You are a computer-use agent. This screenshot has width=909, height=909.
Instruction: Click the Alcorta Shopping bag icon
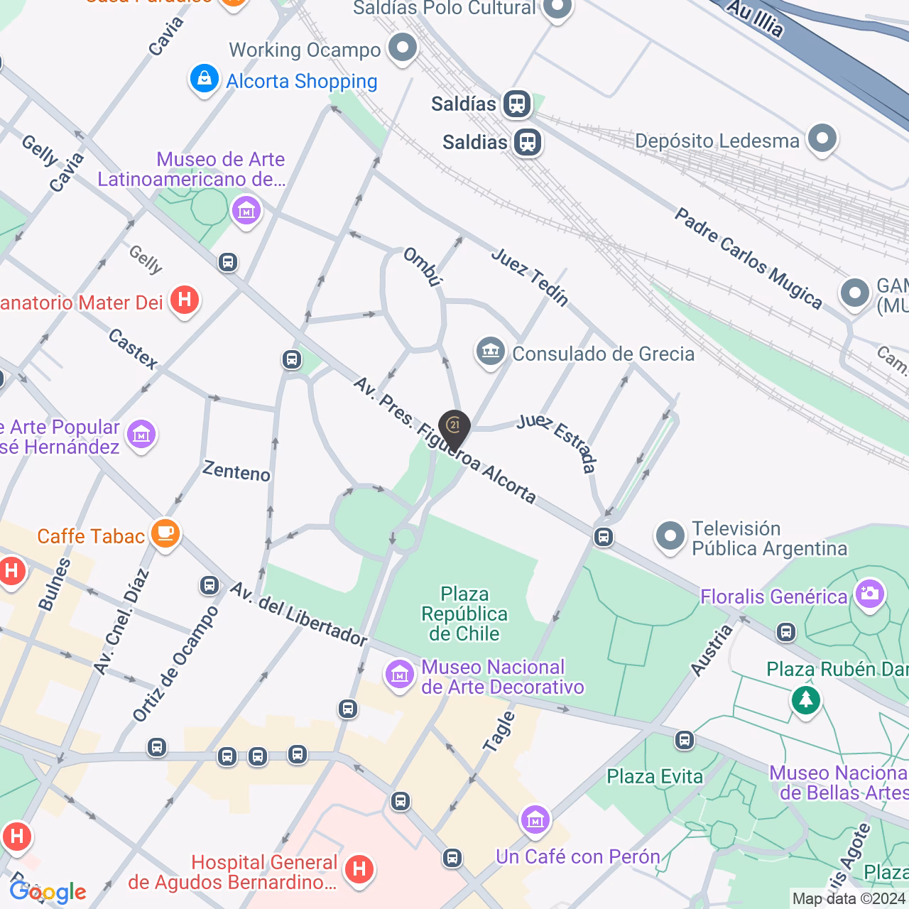(204, 79)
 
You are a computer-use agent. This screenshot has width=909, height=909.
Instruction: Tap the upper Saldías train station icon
(517, 104)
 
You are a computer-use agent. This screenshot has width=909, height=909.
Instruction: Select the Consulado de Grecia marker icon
(490, 352)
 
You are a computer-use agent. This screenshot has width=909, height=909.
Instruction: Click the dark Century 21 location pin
(454, 428)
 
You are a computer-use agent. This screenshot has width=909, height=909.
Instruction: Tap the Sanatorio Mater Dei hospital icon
(185, 300)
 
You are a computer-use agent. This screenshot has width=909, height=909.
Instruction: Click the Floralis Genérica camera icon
(870, 594)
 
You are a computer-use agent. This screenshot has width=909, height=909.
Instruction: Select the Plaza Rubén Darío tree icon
(805, 700)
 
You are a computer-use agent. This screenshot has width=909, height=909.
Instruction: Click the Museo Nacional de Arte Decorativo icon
(399, 675)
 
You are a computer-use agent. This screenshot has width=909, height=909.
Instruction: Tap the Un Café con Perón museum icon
(535, 821)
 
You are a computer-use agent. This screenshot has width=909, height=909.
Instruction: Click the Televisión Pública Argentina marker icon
(670, 537)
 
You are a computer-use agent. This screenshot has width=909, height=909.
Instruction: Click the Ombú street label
(423, 266)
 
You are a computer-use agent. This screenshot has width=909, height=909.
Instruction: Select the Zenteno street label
(236, 471)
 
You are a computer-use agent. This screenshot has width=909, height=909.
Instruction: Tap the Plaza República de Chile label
(464, 614)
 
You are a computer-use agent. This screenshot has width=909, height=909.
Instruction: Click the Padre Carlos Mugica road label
(748, 258)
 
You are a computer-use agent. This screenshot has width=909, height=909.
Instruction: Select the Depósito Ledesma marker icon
(822, 138)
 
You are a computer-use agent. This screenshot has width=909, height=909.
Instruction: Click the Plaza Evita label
(655, 776)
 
